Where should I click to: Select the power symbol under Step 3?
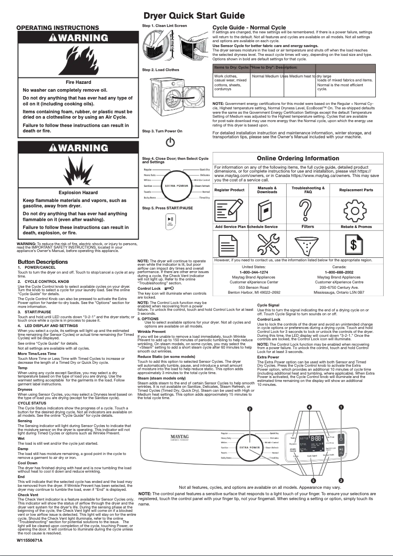pyautogui.click(x=170, y=142)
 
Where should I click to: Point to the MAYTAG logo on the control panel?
pyautogui.click(x=180, y=435)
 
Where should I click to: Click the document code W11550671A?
pyautogui.click(x=30, y=540)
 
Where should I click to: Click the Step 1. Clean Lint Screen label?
pyautogui.click(x=164, y=25)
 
